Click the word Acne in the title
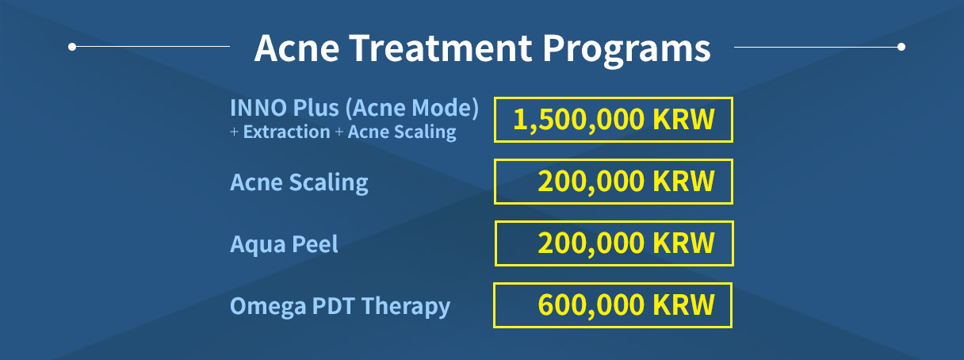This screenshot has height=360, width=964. point(297,48)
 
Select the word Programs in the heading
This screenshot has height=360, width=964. point(626,51)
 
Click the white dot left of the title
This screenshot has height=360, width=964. point(72,47)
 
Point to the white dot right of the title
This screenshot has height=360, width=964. point(901,47)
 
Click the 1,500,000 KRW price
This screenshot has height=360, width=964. point(614,119)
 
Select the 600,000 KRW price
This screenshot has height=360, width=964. point(626,304)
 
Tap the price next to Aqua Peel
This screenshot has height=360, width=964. point(626,243)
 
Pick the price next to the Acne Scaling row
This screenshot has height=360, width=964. point(626,182)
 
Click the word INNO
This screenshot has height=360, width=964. point(258,108)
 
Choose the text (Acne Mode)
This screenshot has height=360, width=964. point(412,109)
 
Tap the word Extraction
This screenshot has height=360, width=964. point(287,132)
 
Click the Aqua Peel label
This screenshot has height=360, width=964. point(284,244)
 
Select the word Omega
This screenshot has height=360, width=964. point(267,307)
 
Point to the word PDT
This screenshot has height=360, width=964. point(334,306)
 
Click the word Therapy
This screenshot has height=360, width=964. point(406,307)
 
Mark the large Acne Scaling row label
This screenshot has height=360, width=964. point(299,182)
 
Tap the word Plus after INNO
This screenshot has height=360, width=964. point(316,108)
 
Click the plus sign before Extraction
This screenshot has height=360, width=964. point(234,132)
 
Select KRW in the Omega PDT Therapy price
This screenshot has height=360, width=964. point(683,304)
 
